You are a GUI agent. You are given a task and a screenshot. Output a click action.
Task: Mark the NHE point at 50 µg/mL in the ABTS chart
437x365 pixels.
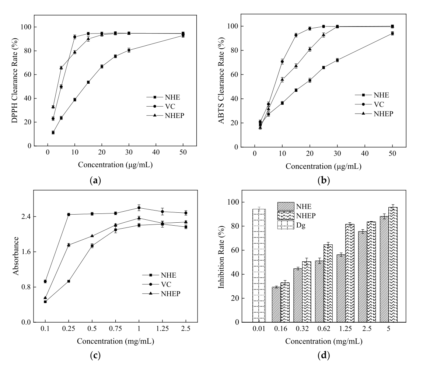click(392, 34)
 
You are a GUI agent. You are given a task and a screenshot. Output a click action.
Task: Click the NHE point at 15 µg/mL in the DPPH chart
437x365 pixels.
click(88, 82)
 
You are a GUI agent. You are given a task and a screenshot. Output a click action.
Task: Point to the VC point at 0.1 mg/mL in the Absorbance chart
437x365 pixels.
click(45, 281)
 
